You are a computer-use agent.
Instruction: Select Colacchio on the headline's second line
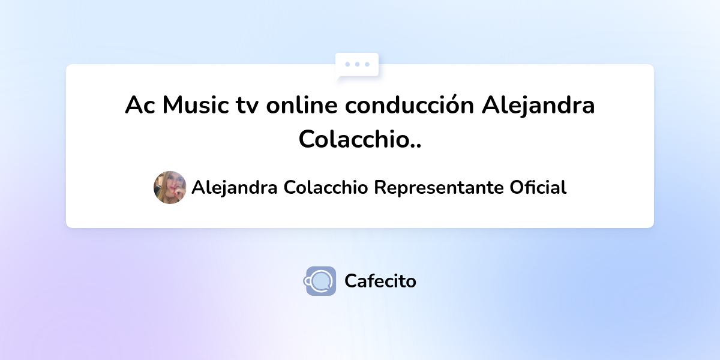click(351, 139)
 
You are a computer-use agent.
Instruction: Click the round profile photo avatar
click(170, 187)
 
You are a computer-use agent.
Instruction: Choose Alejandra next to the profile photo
click(234, 188)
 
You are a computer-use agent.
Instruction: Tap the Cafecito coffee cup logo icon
click(320, 281)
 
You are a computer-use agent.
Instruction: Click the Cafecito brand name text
click(380, 281)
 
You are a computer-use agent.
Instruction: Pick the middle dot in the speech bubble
click(358, 64)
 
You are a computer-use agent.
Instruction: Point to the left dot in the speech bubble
click(348, 64)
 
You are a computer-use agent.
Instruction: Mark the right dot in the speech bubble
click(367, 64)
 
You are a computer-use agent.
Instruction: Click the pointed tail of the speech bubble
click(339, 77)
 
